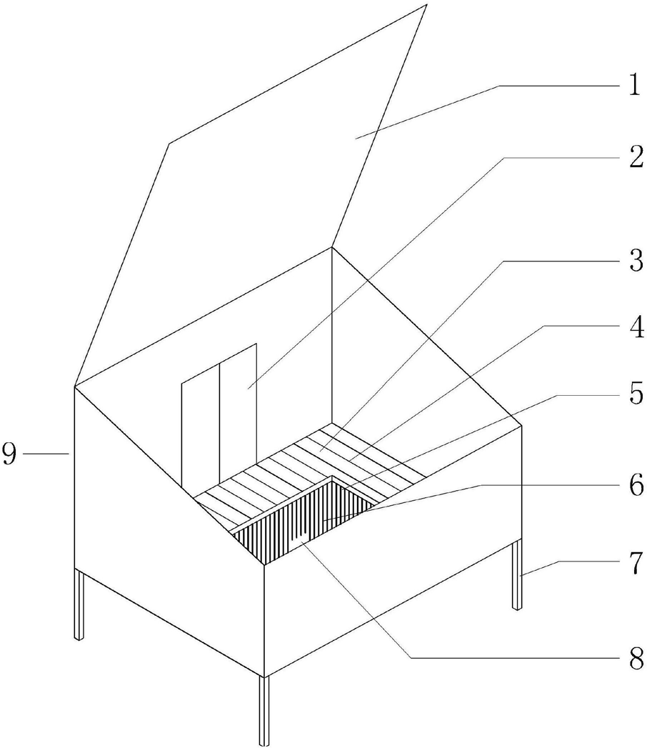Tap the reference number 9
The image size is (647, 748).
coord(11,454)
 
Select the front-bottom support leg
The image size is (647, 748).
coord(264,711)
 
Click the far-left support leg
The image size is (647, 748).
coord(80,604)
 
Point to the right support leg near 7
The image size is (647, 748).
coord(517,575)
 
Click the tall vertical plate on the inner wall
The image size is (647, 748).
coord(237,414)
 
